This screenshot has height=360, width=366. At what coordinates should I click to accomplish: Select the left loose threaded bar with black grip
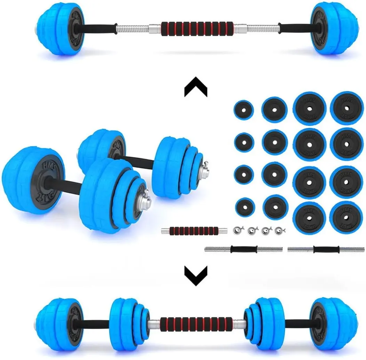click(243, 249)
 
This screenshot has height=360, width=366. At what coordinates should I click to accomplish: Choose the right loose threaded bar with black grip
click(326, 249)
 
